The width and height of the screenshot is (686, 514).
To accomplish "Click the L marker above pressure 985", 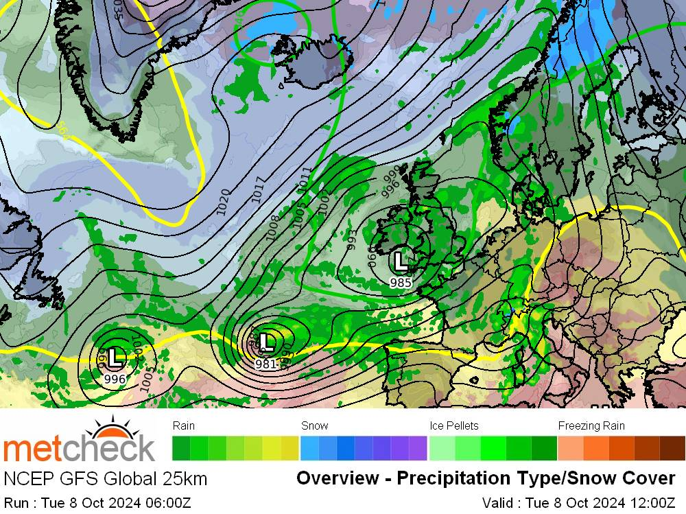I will [400, 261].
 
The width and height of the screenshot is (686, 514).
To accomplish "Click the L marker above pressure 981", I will [267, 341].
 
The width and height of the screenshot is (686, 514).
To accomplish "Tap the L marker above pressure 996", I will [116, 356].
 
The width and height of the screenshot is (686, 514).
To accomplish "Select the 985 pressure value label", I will [400, 282].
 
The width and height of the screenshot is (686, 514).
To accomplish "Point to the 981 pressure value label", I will [265, 364].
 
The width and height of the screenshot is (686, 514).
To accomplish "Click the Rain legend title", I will [184, 425].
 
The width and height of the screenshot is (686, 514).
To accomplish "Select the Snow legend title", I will [314, 425].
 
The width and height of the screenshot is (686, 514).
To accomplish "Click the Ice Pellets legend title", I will [453, 425].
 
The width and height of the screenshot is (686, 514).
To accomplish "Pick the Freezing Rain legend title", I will [591, 425].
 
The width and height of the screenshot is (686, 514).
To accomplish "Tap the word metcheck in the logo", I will [78, 449].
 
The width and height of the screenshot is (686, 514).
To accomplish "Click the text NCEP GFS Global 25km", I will [105, 478].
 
